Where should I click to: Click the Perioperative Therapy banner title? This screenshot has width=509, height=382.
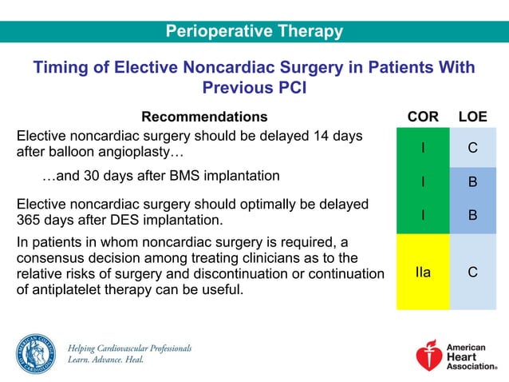click(x=254, y=31)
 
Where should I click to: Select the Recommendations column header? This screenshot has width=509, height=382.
click(x=204, y=117)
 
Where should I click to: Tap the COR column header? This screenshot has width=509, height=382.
click(x=422, y=117)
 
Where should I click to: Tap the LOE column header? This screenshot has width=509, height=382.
click(x=472, y=117)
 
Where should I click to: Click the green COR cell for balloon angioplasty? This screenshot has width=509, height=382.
click(x=422, y=147)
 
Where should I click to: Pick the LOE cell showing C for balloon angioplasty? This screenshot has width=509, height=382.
click(x=472, y=147)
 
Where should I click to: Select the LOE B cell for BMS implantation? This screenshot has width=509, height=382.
click(x=472, y=182)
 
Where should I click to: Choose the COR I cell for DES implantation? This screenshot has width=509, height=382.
click(x=422, y=215)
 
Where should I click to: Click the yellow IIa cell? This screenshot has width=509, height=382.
click(x=422, y=272)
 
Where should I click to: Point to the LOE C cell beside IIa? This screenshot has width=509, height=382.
click(x=472, y=272)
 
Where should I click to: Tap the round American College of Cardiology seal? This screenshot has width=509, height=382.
click(x=34, y=353)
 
